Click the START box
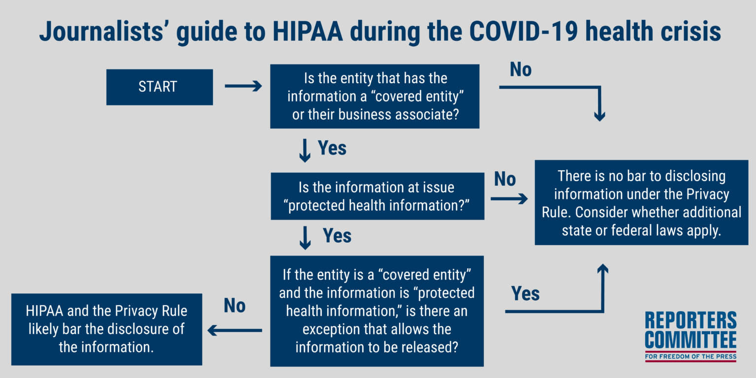point(159,87)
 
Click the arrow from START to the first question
point(243,87)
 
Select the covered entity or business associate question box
point(375,96)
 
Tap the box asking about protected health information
point(378,196)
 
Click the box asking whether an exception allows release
point(377,311)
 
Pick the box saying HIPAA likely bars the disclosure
point(106,329)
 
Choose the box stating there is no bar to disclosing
point(641,203)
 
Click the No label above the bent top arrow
point(521,70)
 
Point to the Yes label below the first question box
point(332,148)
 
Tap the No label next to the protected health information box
point(504,180)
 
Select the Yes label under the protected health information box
point(337,236)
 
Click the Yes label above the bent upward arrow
point(525,294)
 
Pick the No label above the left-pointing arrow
point(234,306)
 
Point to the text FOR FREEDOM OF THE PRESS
point(691,356)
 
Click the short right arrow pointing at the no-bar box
point(508,199)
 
